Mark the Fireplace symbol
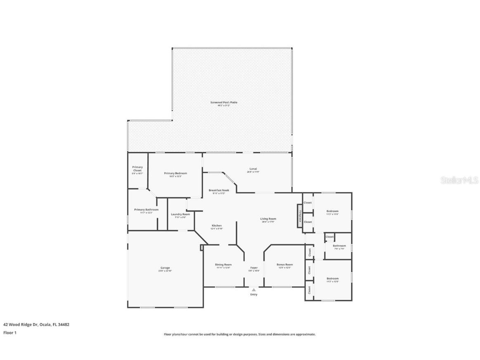(x=300, y=216)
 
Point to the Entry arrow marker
(x=254, y=290)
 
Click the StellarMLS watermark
(x=459, y=180)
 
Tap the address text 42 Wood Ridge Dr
(x=36, y=324)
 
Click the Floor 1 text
(x=10, y=333)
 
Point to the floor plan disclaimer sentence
(x=239, y=334)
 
